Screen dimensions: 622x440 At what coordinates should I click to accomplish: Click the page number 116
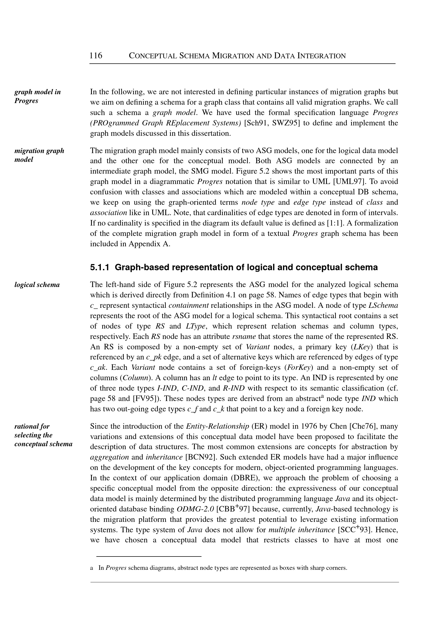click(96, 56)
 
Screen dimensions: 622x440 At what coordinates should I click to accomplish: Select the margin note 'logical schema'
click(37, 285)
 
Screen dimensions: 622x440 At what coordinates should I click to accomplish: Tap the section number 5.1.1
click(100, 268)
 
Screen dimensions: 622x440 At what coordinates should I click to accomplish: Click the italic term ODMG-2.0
click(195, 509)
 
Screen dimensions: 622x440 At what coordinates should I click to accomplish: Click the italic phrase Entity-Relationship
click(217, 426)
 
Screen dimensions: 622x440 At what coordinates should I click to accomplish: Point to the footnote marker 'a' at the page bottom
click(92, 568)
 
